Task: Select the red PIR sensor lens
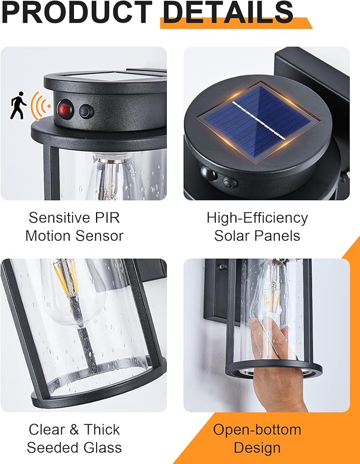[x=65, y=110]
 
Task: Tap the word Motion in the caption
[x=50, y=235]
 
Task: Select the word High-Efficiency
[x=257, y=218]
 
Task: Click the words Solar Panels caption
[x=257, y=235]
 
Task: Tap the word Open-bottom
[x=257, y=430]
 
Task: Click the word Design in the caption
[x=257, y=448]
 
